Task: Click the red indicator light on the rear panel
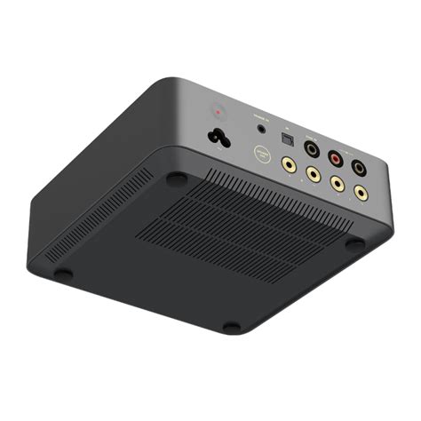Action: coord(219,113)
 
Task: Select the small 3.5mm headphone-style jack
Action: coord(260,129)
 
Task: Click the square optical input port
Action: coord(287,139)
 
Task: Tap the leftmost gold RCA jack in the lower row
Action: coord(288,163)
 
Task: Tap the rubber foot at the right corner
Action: coord(354,242)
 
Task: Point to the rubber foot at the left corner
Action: coord(63,274)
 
